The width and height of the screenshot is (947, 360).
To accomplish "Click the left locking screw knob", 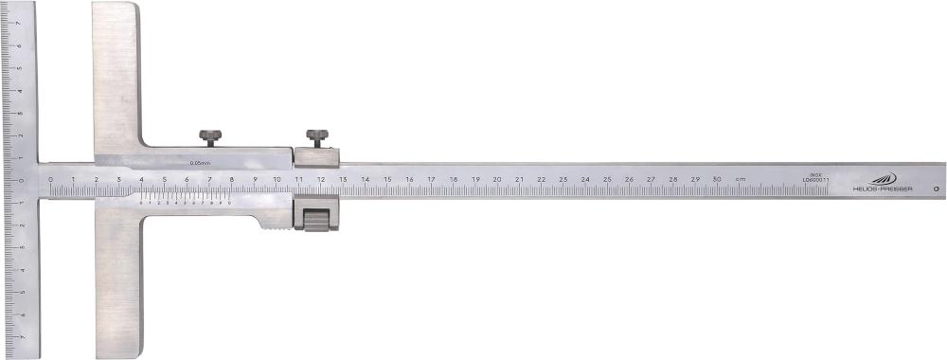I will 209,138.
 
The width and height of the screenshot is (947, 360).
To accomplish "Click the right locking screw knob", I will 315,138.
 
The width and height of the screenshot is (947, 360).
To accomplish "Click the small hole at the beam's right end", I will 936,189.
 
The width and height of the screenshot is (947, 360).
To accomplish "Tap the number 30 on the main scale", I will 717,179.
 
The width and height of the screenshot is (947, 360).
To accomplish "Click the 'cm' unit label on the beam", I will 741,179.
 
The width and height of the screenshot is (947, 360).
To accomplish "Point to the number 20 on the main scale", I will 497,179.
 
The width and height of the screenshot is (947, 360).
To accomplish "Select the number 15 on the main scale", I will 387,179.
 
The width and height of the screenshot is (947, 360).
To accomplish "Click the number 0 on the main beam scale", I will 50,179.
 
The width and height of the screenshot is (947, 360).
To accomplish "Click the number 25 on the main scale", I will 607,179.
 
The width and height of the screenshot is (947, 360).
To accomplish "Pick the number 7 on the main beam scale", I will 209,179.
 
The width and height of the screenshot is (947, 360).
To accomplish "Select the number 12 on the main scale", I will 321,179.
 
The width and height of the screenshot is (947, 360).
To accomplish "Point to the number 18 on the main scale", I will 454,179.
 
